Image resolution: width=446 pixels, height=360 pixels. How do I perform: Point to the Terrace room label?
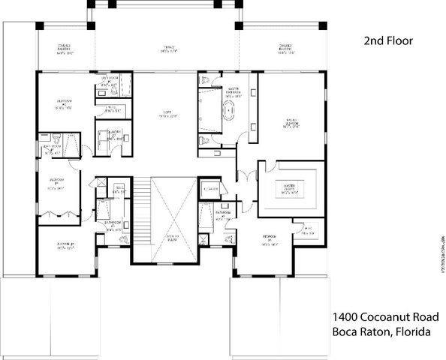(169, 50)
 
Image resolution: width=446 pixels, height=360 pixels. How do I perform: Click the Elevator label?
(210, 189)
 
